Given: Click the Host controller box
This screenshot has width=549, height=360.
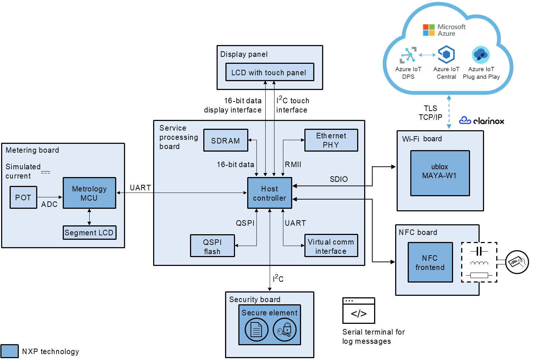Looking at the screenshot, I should (x=270, y=193).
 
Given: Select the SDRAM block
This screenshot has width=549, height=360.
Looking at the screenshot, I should (x=225, y=141).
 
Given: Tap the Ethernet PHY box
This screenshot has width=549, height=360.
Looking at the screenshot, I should (x=331, y=140).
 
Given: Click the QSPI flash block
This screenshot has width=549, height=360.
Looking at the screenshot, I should (x=212, y=246).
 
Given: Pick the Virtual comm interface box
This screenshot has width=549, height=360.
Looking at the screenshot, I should (x=331, y=246).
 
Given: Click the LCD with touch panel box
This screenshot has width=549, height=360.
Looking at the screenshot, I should (x=270, y=72).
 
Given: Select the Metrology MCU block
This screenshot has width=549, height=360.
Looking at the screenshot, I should (x=89, y=193).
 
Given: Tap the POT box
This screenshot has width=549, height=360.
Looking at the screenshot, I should (x=23, y=198).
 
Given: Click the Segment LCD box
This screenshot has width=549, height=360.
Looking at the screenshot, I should (x=89, y=233).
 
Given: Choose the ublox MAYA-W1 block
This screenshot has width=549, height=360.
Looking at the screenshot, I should (x=440, y=173).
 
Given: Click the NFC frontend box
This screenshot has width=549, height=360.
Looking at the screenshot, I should (x=430, y=262).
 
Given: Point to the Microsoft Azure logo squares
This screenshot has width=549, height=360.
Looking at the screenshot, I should (x=429, y=30).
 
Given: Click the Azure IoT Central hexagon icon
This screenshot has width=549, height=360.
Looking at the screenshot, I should (x=446, y=55).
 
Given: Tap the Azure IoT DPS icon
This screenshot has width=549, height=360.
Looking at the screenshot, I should (x=408, y=55).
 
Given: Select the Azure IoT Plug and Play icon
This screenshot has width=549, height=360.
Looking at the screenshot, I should (x=481, y=55).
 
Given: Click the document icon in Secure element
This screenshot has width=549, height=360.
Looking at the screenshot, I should (x=256, y=330).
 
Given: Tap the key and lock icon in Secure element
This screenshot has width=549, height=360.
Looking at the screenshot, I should (x=284, y=330).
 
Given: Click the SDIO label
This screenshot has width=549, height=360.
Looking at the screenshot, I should (x=339, y=179).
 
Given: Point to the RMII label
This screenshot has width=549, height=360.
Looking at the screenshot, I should (x=293, y=165).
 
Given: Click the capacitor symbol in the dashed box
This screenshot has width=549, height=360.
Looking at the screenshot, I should (x=479, y=251).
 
